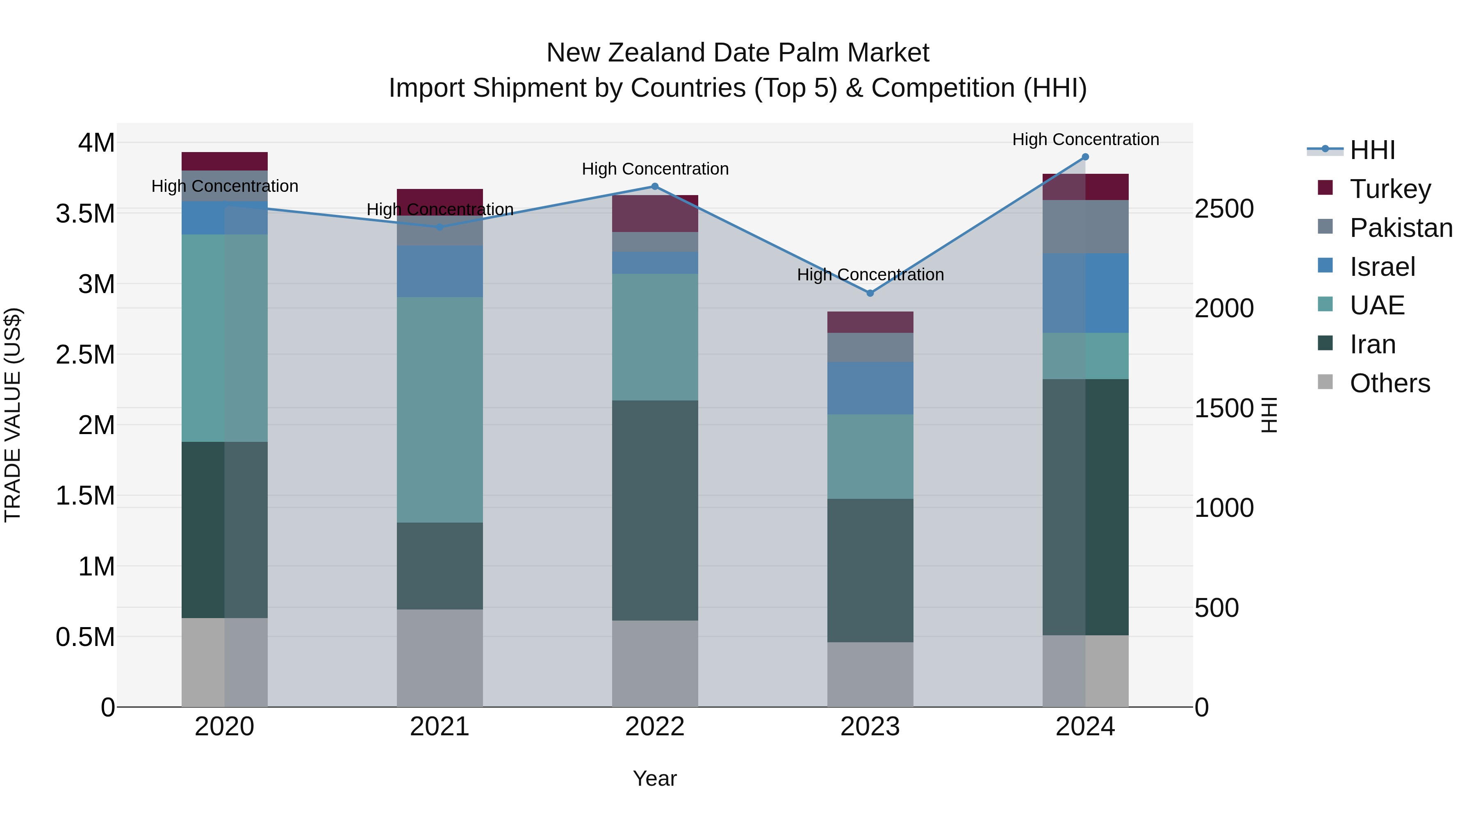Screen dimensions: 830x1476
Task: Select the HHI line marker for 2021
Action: point(440,227)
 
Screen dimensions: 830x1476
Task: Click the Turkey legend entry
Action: point(1390,189)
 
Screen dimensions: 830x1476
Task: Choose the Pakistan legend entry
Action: point(1401,228)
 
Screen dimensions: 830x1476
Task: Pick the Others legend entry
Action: point(1389,383)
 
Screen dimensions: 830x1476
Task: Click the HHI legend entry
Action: point(1372,150)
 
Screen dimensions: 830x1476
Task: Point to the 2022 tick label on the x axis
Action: point(654,727)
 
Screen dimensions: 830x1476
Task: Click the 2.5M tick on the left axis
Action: point(85,355)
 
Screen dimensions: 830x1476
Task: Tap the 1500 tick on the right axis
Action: point(1224,408)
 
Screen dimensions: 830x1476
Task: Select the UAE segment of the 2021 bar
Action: point(440,409)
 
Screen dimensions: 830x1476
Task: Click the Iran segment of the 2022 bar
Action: point(655,510)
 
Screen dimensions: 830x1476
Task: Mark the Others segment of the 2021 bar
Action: point(440,657)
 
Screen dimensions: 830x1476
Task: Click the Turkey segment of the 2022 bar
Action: point(655,213)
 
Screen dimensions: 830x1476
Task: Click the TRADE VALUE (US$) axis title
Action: point(13,415)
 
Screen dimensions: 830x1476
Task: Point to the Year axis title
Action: point(654,778)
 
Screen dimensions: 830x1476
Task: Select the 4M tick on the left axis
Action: point(96,143)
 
